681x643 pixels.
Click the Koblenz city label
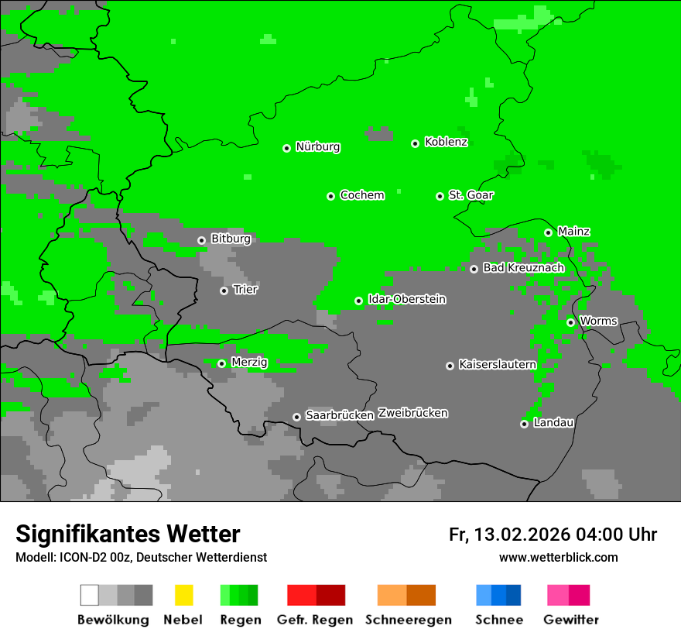pyautogui.click(x=446, y=143)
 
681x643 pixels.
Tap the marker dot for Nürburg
pyautogui.click(x=286, y=148)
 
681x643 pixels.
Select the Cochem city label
pyautogui.click(x=361, y=195)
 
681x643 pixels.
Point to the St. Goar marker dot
pyautogui.click(x=440, y=196)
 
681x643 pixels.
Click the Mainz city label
pyautogui.click(x=573, y=232)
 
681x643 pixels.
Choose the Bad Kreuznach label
pyautogui.click(x=523, y=268)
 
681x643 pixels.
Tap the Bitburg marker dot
pyautogui.click(x=201, y=240)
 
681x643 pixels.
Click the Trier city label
pyautogui.click(x=245, y=290)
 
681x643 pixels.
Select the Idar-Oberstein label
pyautogui.click(x=406, y=300)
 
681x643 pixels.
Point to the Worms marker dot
pyautogui.click(x=570, y=322)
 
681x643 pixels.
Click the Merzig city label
pyautogui.click(x=249, y=363)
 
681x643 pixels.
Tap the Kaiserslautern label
pyautogui.click(x=497, y=364)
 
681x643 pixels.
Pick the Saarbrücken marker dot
pyautogui.click(x=296, y=417)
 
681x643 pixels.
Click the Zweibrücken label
pyautogui.click(x=412, y=413)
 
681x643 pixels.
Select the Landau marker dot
pyautogui.click(x=524, y=424)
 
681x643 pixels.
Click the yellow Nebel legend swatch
pyautogui.click(x=183, y=595)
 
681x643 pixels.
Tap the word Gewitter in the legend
pyautogui.click(x=570, y=620)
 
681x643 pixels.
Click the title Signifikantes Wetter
pyautogui.click(x=128, y=535)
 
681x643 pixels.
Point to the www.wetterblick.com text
pyautogui.click(x=558, y=558)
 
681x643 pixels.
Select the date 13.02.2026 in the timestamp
pyautogui.click(x=522, y=535)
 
